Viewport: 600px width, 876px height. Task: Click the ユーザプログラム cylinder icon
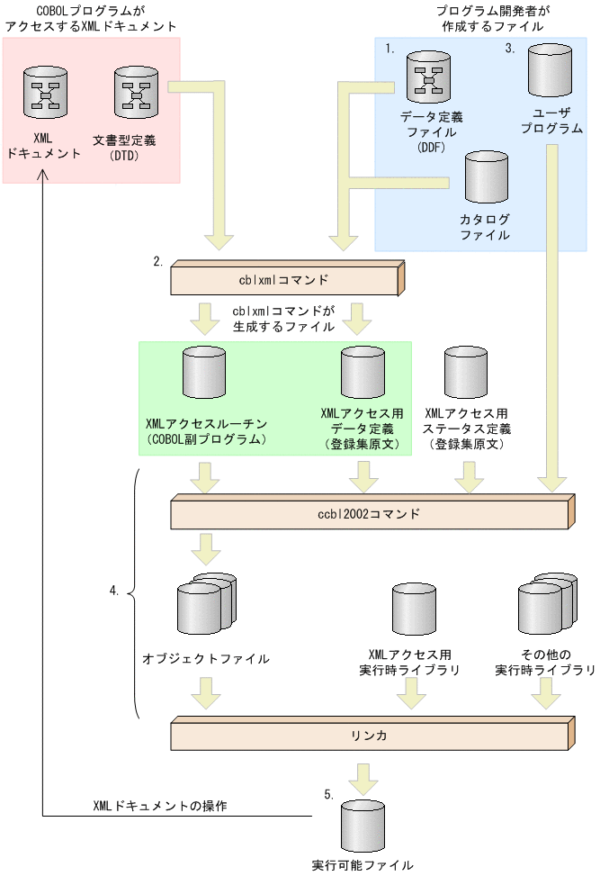pos(551,72)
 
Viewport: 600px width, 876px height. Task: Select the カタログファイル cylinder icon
pos(486,178)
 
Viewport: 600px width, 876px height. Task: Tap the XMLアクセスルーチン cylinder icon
pos(204,375)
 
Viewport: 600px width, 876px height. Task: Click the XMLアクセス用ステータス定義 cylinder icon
pos(467,375)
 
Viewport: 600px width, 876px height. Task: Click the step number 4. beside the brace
pos(113,592)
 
